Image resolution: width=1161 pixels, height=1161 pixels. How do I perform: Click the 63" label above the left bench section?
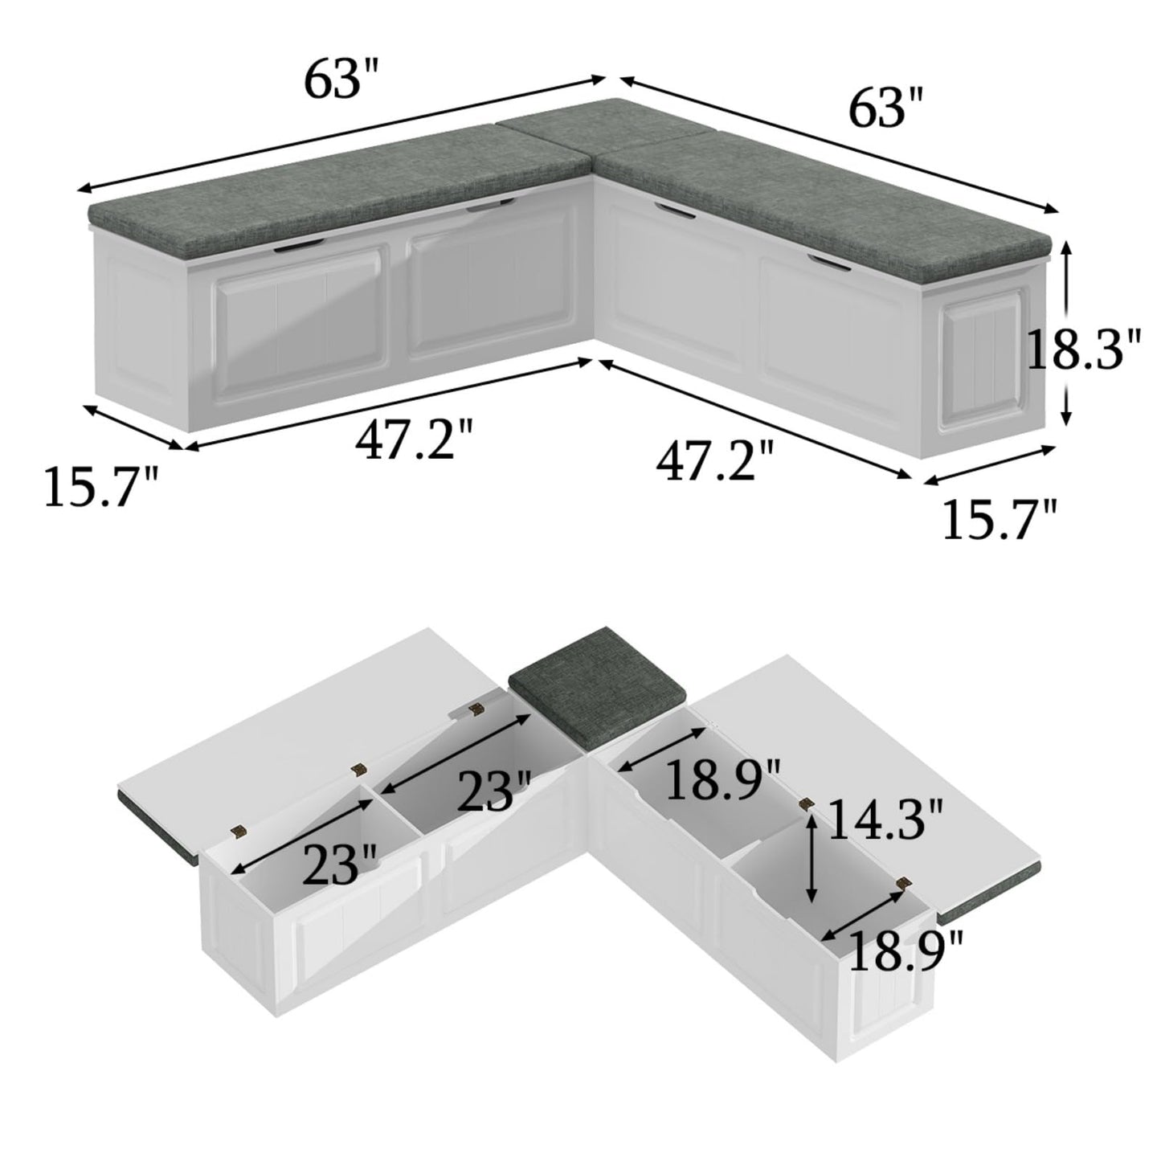tap(341, 77)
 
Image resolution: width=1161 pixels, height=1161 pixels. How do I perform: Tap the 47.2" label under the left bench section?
tap(414, 439)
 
